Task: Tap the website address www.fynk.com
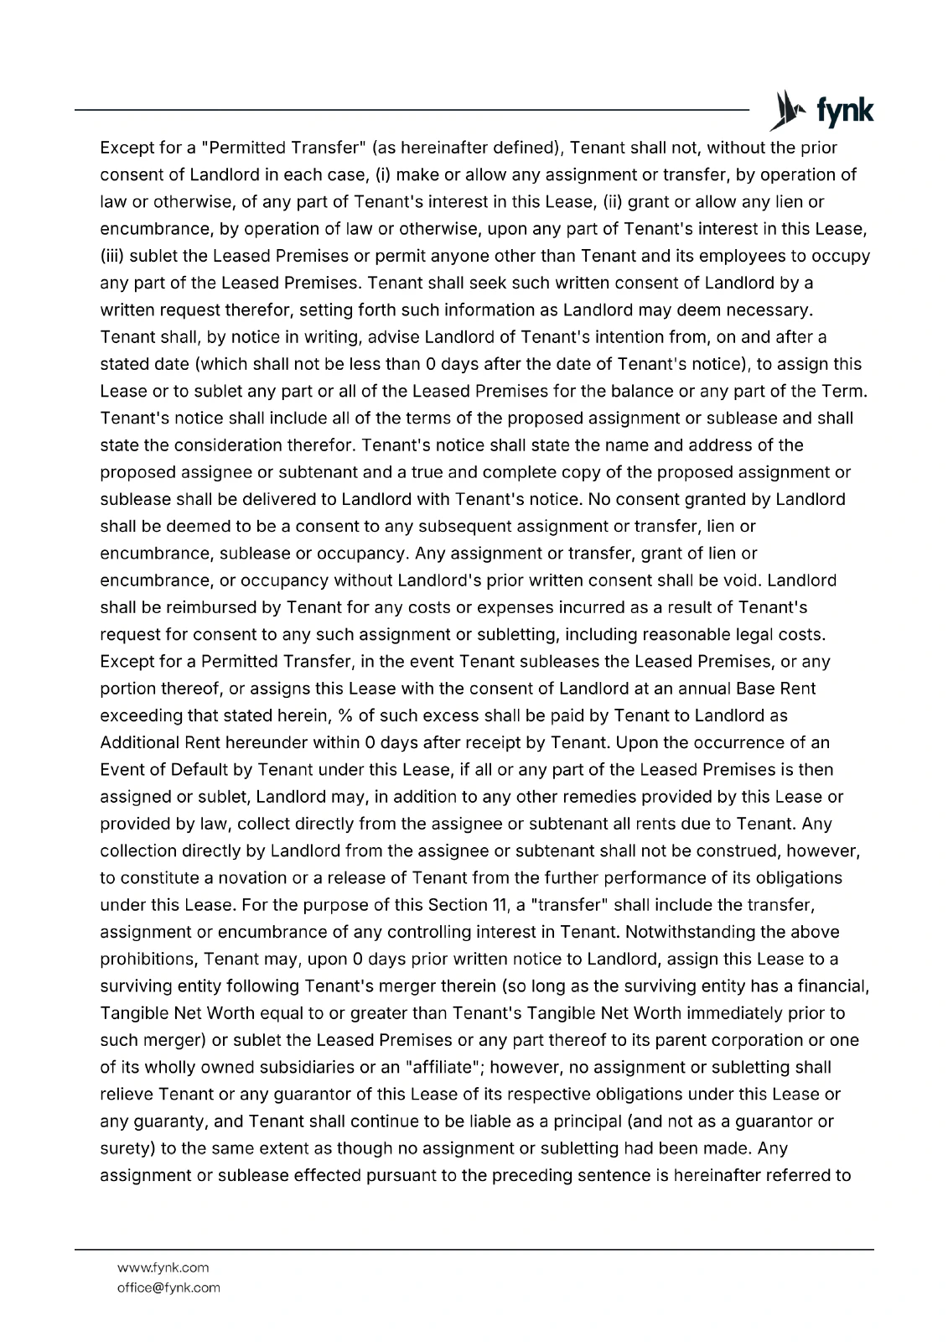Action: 163,1267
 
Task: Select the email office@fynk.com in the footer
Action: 168,1287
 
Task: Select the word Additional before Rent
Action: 138,742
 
